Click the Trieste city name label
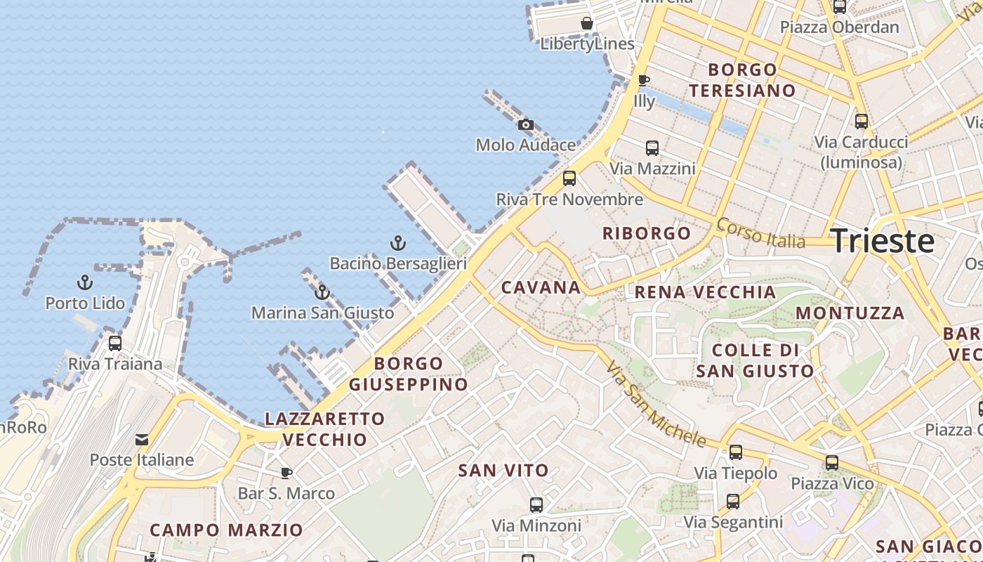882,241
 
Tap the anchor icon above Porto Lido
85,282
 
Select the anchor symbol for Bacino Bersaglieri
398,243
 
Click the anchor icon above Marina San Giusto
322,292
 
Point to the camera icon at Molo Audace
525,125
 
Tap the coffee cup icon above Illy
643,80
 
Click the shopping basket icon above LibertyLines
587,23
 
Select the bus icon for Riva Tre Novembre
569,178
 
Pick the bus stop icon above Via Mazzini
652,148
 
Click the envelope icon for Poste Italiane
142,440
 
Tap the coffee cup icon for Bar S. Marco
286,473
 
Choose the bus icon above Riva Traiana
115,344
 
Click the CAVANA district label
541,287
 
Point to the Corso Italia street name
760,233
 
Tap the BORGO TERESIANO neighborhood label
742,80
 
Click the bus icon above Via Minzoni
536,504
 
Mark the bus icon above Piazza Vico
832,463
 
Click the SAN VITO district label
503,471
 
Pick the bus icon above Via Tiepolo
736,452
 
